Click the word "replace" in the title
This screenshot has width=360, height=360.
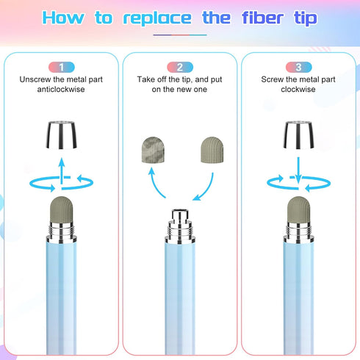coord(157,18)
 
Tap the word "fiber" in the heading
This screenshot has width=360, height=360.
coord(262,18)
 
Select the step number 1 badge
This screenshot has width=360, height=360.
coord(62,68)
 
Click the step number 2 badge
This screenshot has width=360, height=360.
coord(180,68)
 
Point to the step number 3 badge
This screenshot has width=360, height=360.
coord(298,68)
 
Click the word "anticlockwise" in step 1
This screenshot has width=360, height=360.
coord(61,90)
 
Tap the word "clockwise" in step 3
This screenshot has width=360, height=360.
coord(298,90)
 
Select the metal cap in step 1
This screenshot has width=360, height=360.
coord(61,134)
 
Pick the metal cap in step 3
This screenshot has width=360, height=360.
coord(298,134)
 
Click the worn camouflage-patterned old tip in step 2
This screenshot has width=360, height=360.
coord(153,150)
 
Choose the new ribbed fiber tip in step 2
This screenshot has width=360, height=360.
coord(212,150)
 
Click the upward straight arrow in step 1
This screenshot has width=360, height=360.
coord(62,171)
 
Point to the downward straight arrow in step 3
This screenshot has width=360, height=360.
coord(298,170)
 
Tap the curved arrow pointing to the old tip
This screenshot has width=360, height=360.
coord(155,184)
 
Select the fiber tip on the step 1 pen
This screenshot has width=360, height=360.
coord(62,209)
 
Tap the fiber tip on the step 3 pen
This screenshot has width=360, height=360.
coord(298,209)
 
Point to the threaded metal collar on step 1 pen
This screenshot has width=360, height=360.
coord(62,230)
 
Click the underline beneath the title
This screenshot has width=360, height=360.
coord(180,35)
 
